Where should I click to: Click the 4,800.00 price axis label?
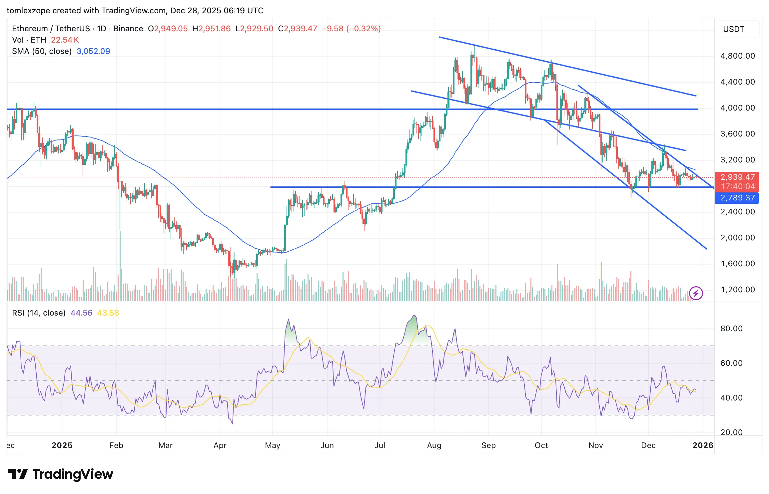tap(737, 56)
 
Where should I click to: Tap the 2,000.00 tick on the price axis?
tap(737, 238)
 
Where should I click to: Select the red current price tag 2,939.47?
tap(737, 177)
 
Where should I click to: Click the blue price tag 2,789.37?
tap(737, 198)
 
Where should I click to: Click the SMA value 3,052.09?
tap(93, 51)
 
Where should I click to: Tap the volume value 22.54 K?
tap(65, 40)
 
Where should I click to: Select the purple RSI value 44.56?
tap(81, 313)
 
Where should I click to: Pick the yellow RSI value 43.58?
tap(108, 313)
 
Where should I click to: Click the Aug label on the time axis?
tap(434, 445)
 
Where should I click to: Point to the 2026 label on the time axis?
tap(703, 445)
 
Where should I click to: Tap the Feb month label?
tap(116, 445)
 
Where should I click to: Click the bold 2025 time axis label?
tap(62, 445)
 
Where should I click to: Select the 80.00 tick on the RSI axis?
tap(731, 329)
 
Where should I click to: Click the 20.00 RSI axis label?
tap(731, 432)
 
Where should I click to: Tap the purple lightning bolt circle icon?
tap(696, 293)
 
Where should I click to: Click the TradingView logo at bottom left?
tap(61, 474)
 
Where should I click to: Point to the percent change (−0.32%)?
tap(364, 29)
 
